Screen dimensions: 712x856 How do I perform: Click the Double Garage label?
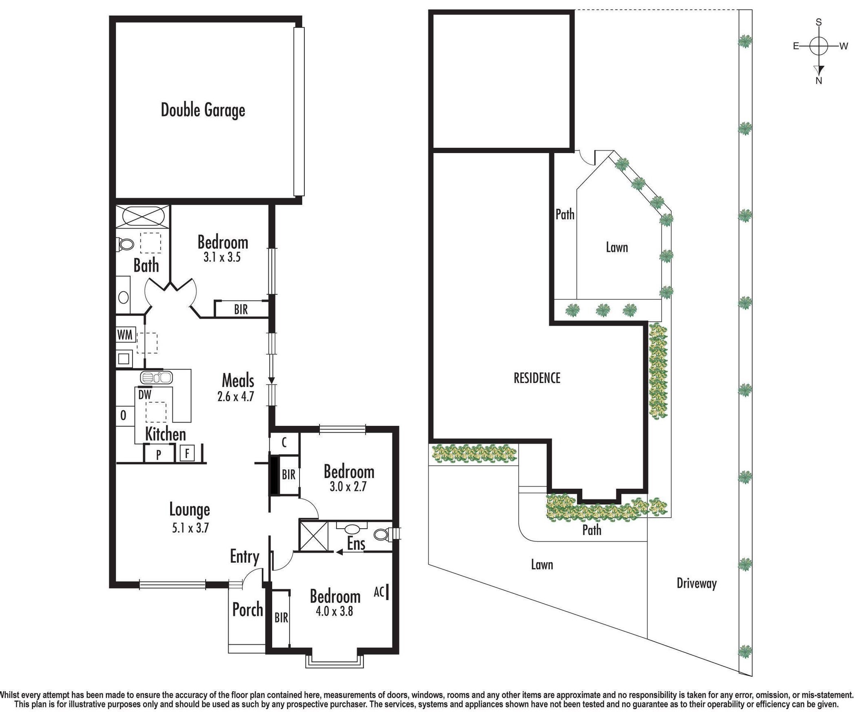coord(203,110)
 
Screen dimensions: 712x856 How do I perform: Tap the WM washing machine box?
coord(125,335)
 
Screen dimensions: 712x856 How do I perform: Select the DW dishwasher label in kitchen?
coord(145,395)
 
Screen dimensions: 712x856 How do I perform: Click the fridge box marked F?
coord(187,454)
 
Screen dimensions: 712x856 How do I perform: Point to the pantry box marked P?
coord(159,454)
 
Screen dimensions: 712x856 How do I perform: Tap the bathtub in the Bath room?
coord(142,216)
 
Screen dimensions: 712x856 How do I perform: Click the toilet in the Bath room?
coord(125,245)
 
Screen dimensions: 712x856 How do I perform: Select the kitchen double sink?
coord(156,377)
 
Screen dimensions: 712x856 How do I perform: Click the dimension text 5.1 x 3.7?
coord(190,528)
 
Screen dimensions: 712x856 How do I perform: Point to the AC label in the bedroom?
coord(379,592)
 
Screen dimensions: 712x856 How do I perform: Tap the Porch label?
coord(247,610)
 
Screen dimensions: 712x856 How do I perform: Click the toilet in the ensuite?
coord(381,534)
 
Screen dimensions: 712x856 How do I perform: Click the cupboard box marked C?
coord(284,442)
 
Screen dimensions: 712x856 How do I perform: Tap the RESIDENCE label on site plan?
coord(537,378)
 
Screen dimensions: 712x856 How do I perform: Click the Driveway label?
coord(696,583)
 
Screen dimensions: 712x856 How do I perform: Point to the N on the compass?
coord(818,81)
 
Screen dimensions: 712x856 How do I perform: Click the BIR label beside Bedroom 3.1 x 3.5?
coord(241,309)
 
